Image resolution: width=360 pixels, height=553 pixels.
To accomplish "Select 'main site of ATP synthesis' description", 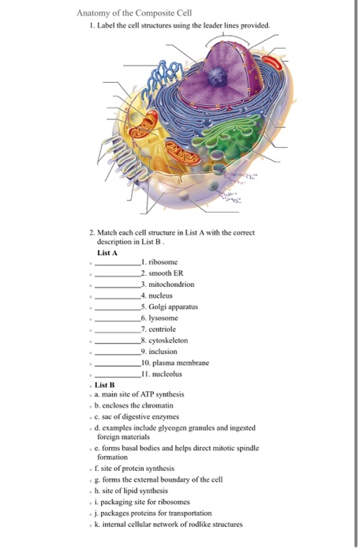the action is [x=143, y=393].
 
